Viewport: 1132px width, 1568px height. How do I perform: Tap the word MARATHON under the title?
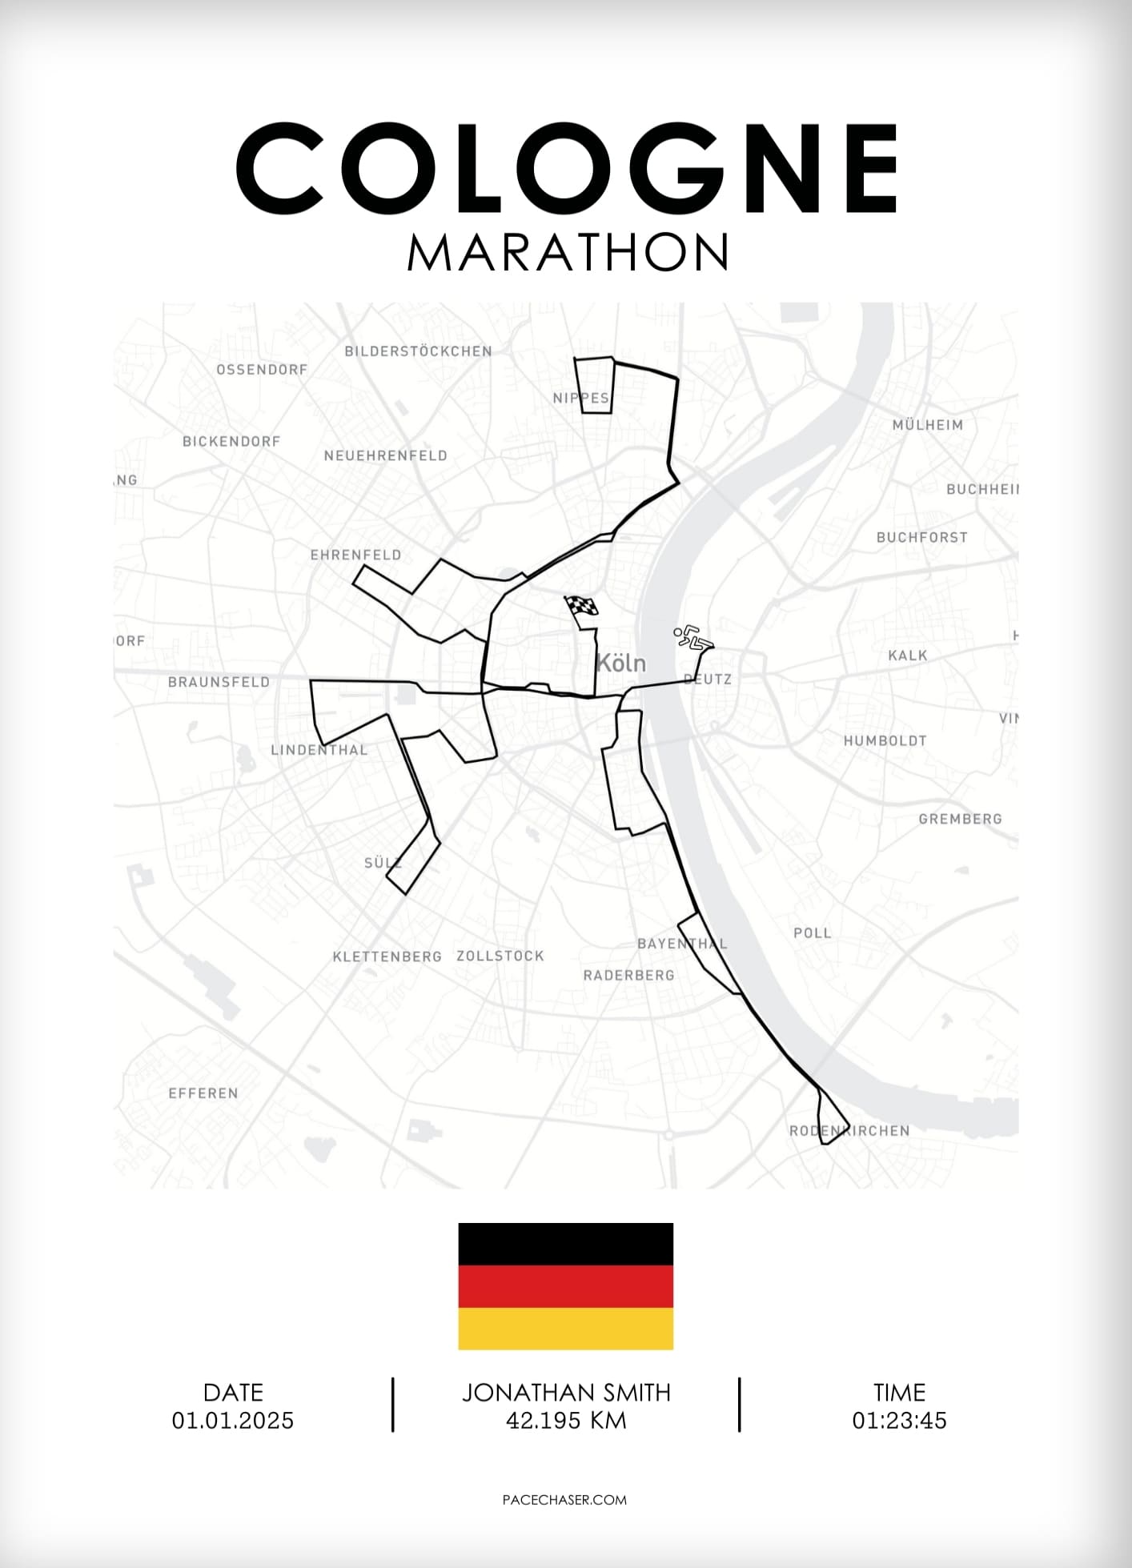pos(567,253)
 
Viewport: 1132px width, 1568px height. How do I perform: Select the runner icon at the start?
pos(692,638)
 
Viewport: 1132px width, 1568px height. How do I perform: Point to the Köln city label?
pos(621,664)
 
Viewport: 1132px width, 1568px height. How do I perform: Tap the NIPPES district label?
pos(581,398)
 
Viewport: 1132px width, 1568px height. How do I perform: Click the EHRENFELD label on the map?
pos(355,555)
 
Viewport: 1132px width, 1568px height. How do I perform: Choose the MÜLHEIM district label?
pos(928,425)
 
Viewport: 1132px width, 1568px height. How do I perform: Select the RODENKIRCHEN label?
pos(849,1131)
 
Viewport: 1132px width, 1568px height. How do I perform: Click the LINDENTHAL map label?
pos(319,750)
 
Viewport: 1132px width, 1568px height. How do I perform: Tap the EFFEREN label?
pos(203,1093)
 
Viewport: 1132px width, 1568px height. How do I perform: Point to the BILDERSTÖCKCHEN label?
pos(418,351)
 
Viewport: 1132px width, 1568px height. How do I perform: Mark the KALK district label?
pos(908,656)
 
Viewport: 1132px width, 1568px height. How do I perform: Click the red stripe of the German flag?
pos(565,1286)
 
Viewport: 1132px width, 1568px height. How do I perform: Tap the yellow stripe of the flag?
pos(565,1329)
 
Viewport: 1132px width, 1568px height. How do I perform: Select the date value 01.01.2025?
pos(233,1421)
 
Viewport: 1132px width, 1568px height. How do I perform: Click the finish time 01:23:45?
pos(899,1421)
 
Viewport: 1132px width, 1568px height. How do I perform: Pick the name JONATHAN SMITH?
pos(566,1393)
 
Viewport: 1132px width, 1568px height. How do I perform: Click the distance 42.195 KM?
pos(566,1421)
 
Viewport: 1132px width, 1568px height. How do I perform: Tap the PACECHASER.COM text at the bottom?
pos(564,1500)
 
